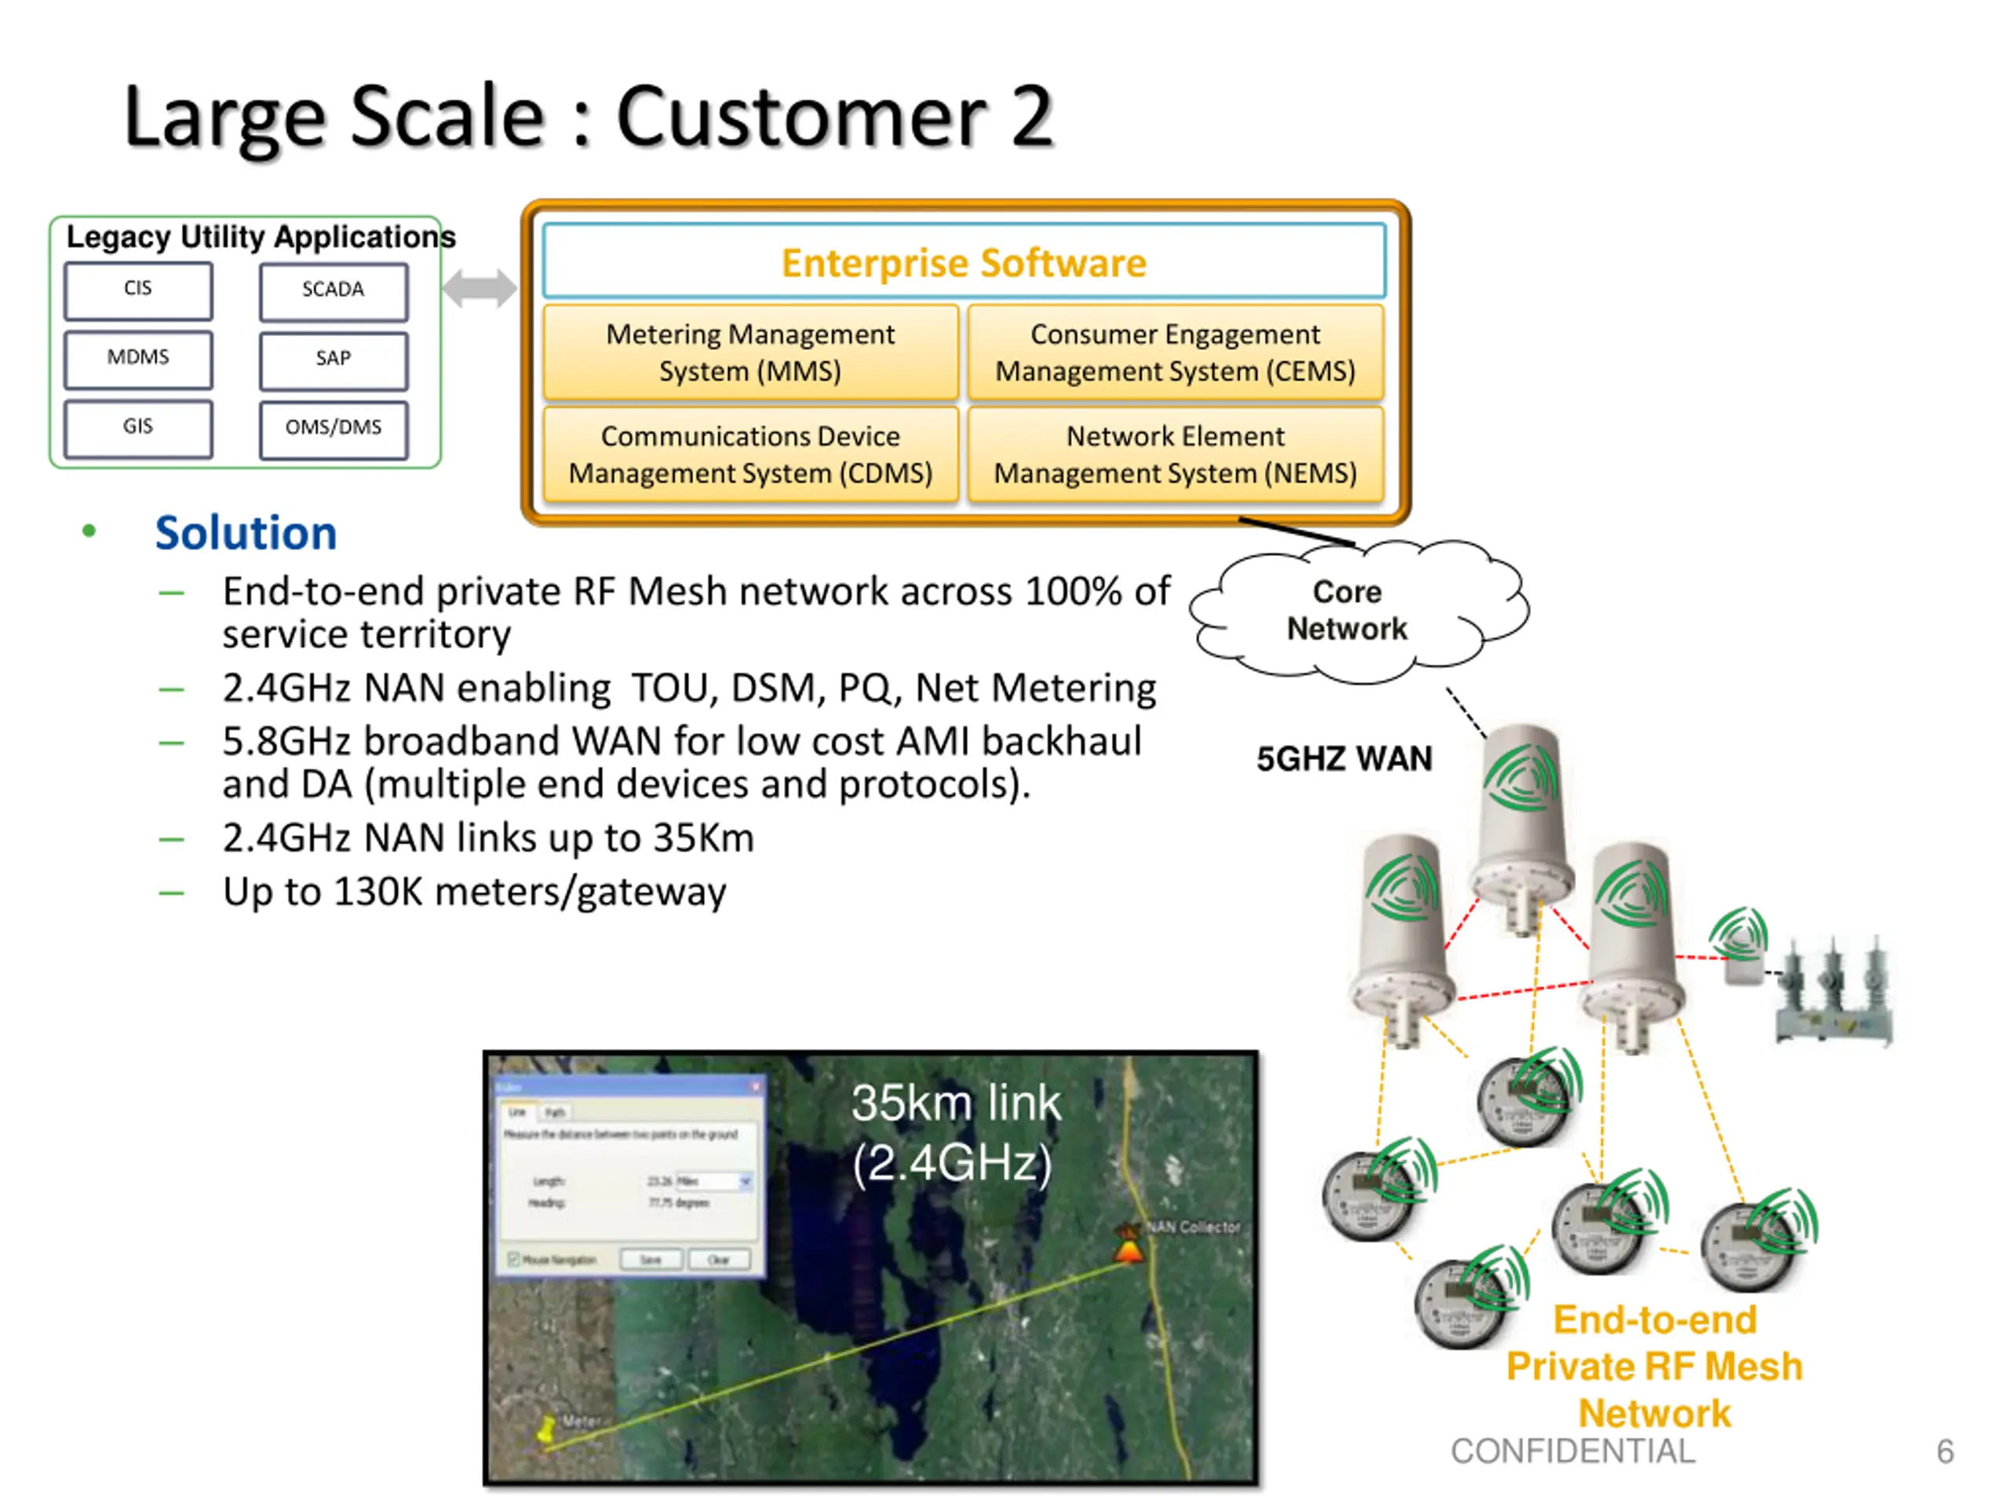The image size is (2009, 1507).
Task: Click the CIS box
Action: point(138,290)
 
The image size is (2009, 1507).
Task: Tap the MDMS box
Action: point(138,359)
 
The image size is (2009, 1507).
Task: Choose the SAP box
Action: point(334,360)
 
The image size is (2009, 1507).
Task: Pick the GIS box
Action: point(138,429)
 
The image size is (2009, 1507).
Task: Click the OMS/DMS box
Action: point(334,429)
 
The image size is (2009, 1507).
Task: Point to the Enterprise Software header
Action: point(964,261)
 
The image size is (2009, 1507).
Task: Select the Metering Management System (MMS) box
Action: point(750,352)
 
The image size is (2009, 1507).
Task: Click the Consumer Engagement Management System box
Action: point(1176,352)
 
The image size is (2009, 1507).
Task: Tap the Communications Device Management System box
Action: point(750,454)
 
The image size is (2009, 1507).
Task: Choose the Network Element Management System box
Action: point(1176,454)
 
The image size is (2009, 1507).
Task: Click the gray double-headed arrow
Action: point(479,289)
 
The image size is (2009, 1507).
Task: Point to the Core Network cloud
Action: point(1347,611)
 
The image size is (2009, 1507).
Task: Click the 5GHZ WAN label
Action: point(1344,758)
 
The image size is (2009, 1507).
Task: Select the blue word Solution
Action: point(245,532)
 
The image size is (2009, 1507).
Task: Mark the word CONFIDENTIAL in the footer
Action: point(1572,1450)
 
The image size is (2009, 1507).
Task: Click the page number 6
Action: point(1945,1450)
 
